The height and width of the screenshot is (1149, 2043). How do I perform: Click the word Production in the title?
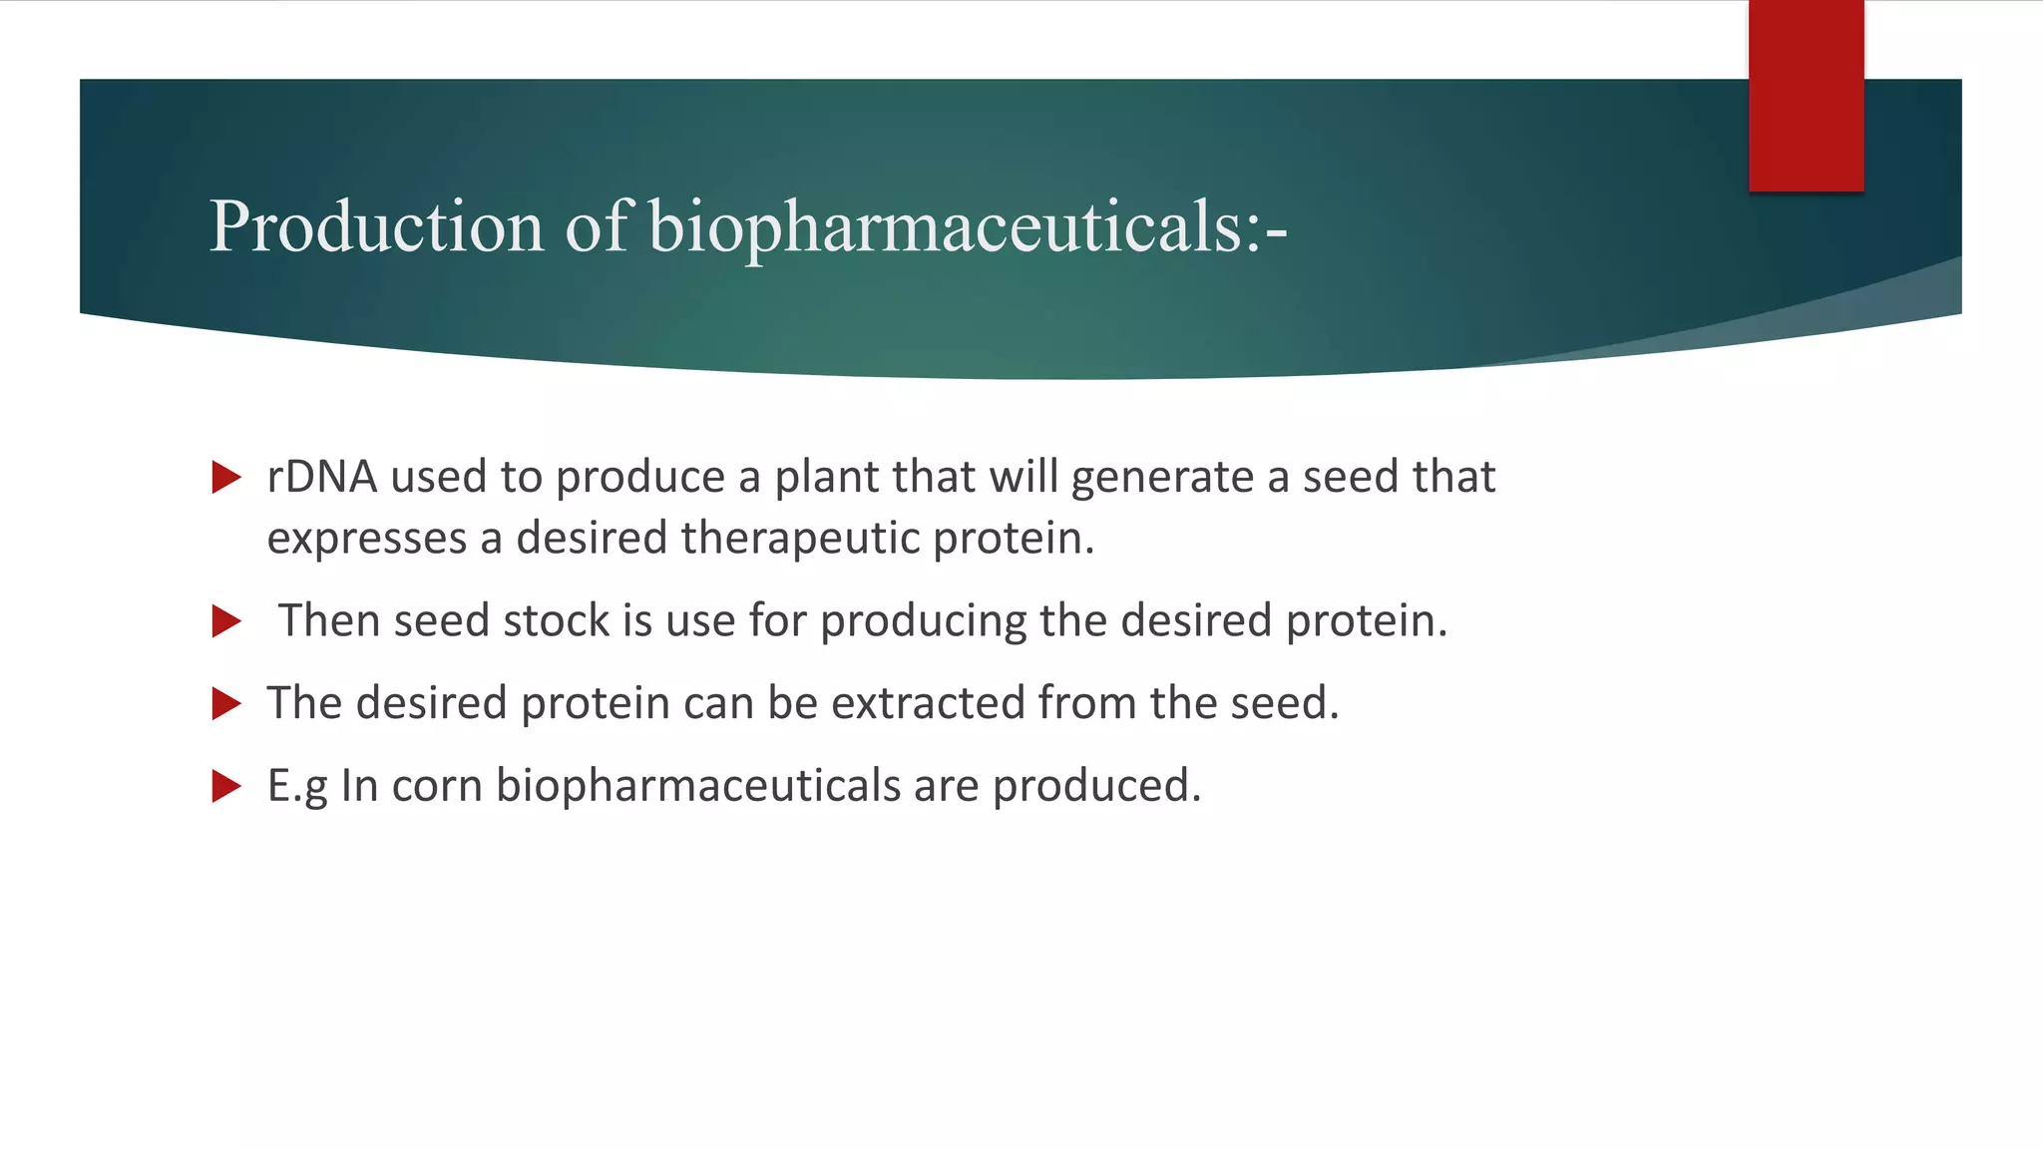[x=376, y=227]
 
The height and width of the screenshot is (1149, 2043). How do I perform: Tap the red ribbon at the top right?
[x=1806, y=96]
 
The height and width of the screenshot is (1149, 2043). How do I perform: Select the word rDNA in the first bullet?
[x=321, y=477]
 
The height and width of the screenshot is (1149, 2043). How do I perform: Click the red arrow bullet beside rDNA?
[x=226, y=478]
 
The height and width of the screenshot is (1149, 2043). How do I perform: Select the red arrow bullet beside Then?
[x=226, y=621]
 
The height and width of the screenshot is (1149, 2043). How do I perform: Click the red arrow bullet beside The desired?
[x=226, y=704]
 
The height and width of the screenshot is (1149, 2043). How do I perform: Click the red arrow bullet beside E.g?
[x=226, y=787]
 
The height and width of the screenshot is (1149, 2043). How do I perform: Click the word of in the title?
[x=597, y=227]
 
